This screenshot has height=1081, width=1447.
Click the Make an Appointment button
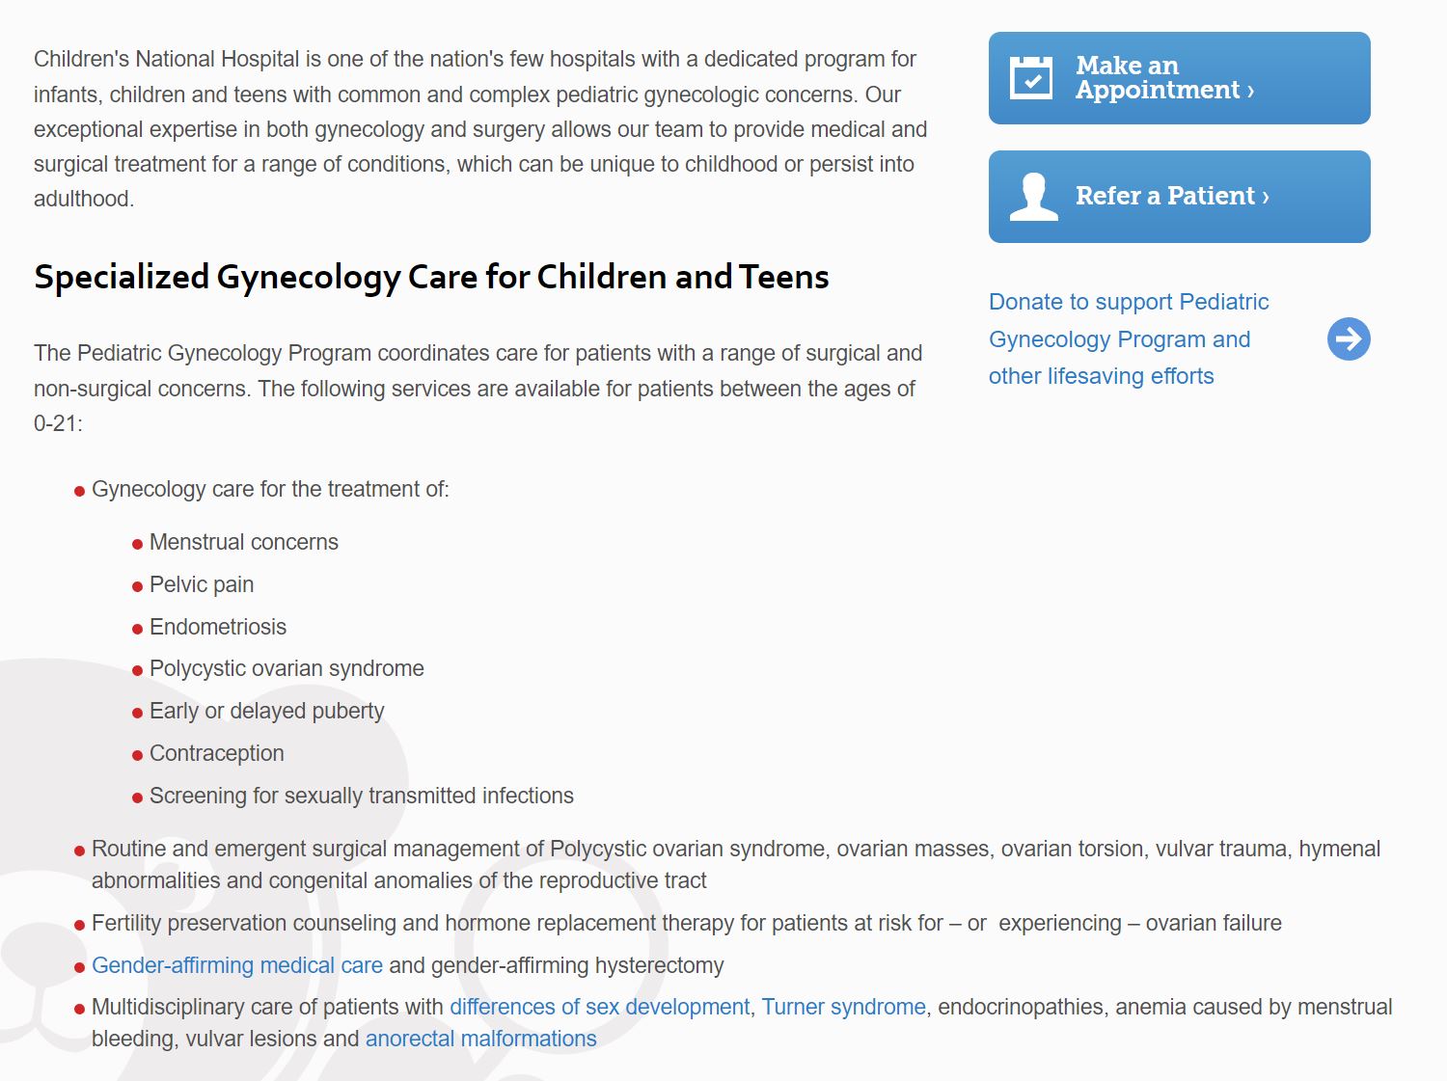pyautogui.click(x=1179, y=78)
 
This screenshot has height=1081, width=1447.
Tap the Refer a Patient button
pyautogui.click(x=1179, y=197)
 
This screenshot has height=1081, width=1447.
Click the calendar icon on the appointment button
pyautogui.click(x=1030, y=78)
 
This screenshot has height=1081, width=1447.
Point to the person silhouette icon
pyautogui.click(x=1033, y=197)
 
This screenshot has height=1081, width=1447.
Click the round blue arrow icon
pyautogui.click(x=1349, y=338)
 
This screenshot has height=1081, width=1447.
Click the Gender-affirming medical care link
pyautogui.click(x=237, y=965)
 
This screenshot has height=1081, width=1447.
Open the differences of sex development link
pyautogui.click(x=599, y=1007)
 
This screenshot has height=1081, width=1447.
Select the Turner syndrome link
pyautogui.click(x=843, y=1007)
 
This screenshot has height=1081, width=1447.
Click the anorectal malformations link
pyautogui.click(x=480, y=1039)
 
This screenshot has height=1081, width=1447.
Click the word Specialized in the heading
pyautogui.click(x=122, y=278)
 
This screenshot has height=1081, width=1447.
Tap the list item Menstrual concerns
pyautogui.click(x=243, y=542)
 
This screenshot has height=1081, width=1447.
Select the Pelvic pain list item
pyautogui.click(x=202, y=584)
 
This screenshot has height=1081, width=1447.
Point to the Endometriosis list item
pyautogui.click(x=218, y=627)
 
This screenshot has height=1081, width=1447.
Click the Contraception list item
pyautogui.click(x=217, y=753)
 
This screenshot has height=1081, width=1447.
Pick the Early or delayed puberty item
pyautogui.click(x=266, y=711)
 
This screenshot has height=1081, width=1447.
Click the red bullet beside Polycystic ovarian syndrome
pyautogui.click(x=137, y=670)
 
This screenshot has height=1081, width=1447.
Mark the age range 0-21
pyautogui.click(x=57, y=423)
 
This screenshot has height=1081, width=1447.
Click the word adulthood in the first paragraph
pyautogui.click(x=83, y=199)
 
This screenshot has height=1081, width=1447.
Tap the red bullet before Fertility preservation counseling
pyautogui.click(x=79, y=925)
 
